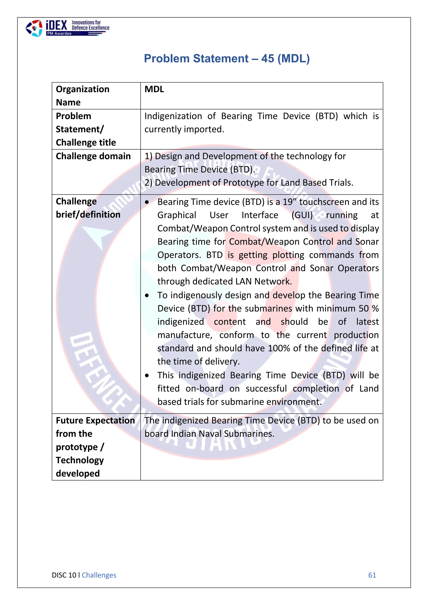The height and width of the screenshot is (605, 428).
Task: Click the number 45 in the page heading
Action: coord(268,58)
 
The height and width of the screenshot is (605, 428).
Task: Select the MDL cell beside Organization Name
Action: coord(154,89)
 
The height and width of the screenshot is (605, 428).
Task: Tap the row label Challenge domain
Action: coord(93,156)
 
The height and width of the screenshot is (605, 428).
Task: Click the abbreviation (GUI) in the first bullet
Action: coord(302,215)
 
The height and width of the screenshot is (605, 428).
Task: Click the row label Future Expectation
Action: coord(95,421)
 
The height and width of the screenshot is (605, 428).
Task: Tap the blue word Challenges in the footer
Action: coord(99,575)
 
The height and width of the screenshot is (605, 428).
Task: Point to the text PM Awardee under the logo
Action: coord(59,34)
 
